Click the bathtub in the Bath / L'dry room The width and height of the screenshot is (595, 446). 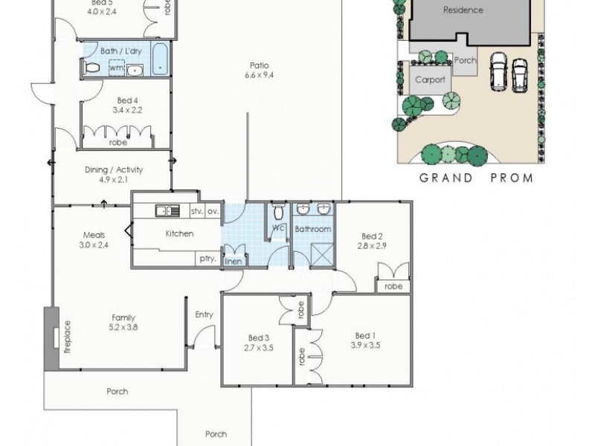click(x=161, y=60)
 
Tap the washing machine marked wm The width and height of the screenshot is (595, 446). click(x=116, y=68)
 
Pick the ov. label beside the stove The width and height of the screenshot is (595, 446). click(x=213, y=212)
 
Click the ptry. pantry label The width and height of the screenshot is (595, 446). click(x=208, y=259)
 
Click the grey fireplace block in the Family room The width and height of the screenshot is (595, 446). click(x=51, y=338)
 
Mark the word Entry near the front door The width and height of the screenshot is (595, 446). click(x=204, y=314)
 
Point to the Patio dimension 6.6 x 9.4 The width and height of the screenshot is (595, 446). click(x=256, y=74)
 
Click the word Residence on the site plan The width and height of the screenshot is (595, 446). click(x=463, y=10)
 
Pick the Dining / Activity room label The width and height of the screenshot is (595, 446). click(x=114, y=169)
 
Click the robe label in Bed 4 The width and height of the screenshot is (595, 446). click(x=118, y=141)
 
